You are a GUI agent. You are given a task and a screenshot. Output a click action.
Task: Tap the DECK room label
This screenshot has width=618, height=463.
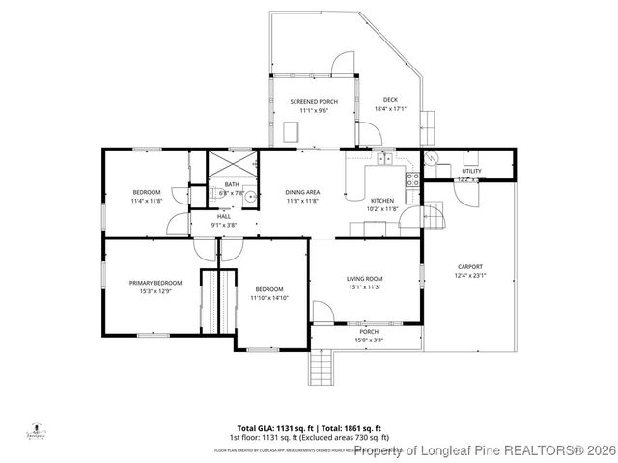click(390, 100)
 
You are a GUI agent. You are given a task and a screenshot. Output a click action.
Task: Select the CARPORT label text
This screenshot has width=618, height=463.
click(470, 266)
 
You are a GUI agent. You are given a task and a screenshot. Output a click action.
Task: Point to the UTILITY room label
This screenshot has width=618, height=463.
click(471, 171)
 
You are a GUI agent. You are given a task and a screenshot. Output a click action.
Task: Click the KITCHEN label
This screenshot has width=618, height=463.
click(382, 201)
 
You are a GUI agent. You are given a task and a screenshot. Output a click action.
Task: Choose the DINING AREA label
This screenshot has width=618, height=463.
click(302, 193)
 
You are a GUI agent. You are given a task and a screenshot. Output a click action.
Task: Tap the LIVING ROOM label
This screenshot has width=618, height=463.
click(365, 279)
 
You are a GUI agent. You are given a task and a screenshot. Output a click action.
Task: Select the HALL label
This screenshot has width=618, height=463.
click(224, 216)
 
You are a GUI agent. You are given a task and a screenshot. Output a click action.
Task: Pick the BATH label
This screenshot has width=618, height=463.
click(232, 184)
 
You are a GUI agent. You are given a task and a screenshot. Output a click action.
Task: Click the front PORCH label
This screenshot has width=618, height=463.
click(365, 331)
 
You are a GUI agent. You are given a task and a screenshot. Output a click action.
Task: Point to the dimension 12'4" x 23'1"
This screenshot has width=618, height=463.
click(470, 275)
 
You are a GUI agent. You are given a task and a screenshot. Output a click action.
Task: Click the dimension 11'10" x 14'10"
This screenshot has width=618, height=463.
click(268, 298)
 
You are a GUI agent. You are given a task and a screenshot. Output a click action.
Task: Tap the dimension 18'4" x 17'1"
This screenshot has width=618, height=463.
click(390, 108)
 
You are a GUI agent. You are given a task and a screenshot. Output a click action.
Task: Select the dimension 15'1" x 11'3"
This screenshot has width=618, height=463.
click(365, 286)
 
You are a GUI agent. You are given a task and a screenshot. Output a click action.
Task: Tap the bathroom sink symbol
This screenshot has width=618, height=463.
click(250, 197)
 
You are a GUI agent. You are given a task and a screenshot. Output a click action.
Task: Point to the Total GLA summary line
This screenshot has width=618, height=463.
click(309, 427)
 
